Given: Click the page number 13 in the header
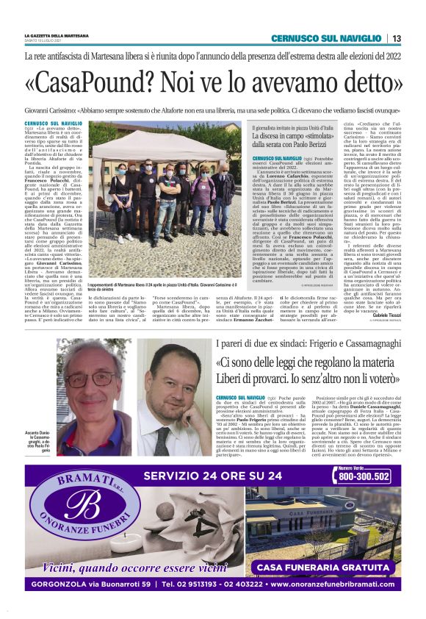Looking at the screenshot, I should [x=397, y=38].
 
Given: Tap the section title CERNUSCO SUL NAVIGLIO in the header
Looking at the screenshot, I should [x=325, y=38].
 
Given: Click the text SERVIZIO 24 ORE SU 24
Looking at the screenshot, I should [x=223, y=475].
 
